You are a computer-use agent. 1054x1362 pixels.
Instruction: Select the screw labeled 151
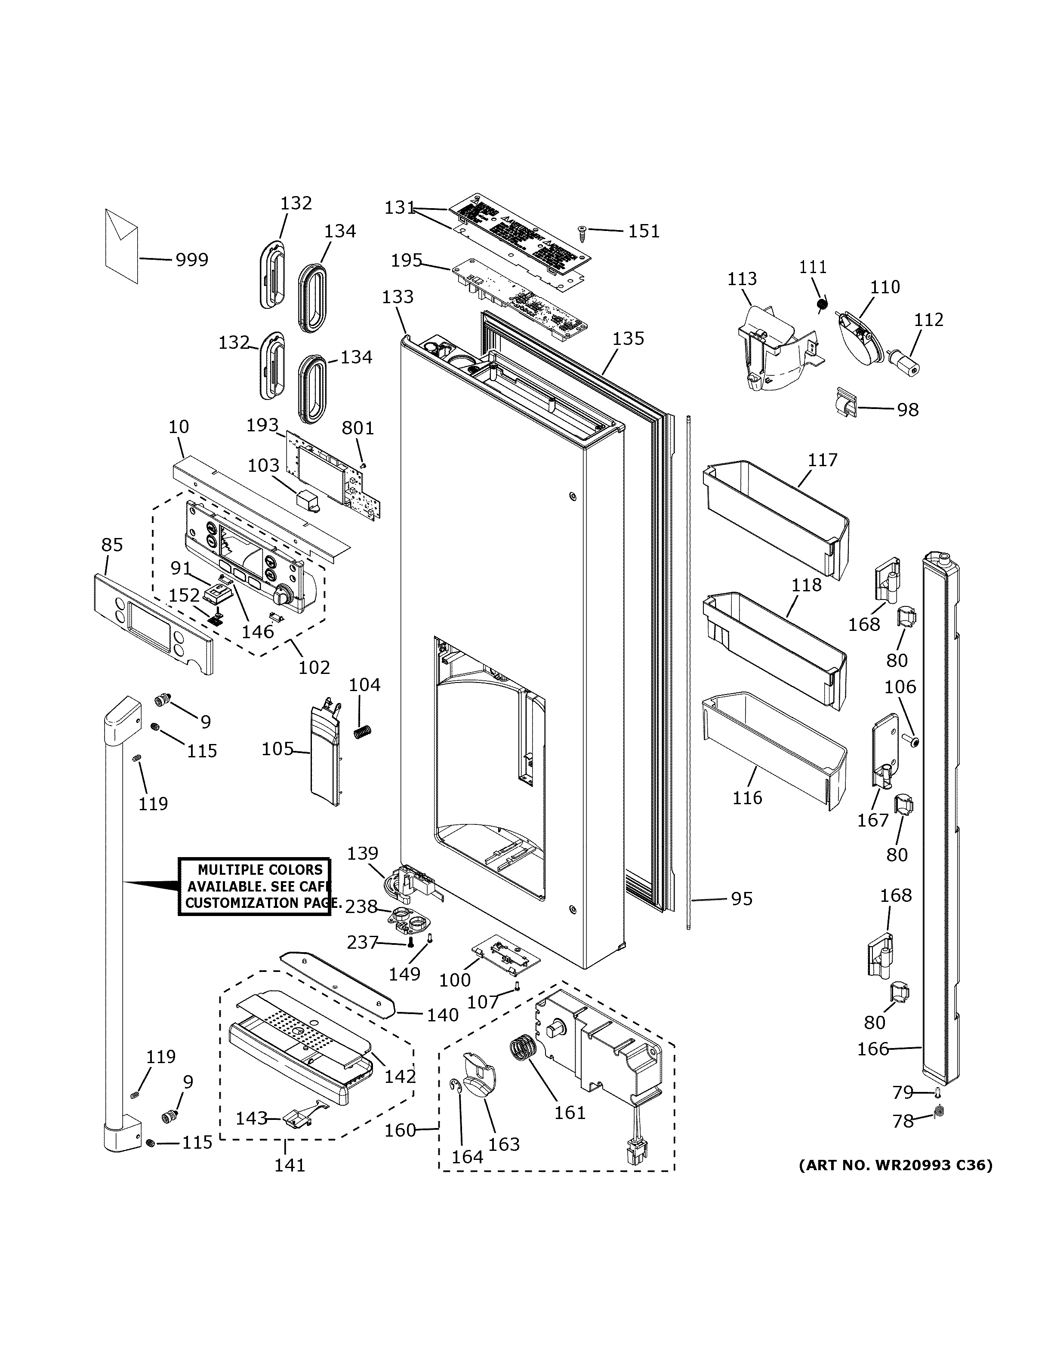(581, 232)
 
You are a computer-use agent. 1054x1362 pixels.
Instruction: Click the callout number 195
(406, 261)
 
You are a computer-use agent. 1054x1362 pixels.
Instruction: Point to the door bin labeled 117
(775, 518)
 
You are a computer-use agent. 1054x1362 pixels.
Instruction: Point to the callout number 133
(397, 297)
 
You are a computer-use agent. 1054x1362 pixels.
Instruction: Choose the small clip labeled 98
(844, 403)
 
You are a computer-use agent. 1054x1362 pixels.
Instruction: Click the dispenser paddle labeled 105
(326, 755)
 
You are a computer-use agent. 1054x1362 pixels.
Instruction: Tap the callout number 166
(872, 1049)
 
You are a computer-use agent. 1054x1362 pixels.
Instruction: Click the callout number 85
(112, 545)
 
